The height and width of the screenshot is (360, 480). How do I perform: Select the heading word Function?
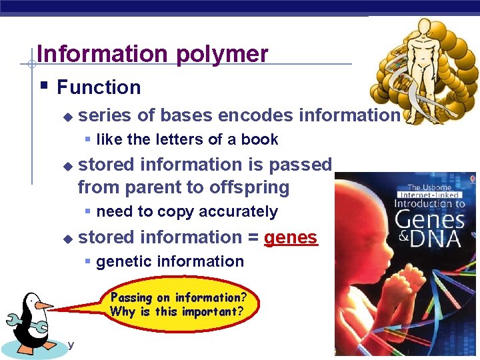point(99,87)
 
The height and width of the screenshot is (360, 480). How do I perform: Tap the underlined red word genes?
point(291,237)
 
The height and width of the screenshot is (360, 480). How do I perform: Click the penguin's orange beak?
point(43,305)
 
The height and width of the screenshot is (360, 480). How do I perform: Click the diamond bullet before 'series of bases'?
point(66,116)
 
